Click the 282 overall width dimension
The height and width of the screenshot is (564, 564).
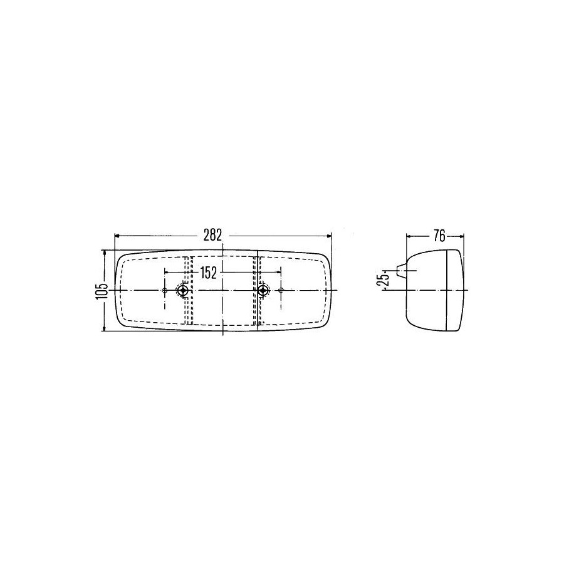[x=212, y=235]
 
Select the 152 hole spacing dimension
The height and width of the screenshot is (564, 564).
[x=209, y=273]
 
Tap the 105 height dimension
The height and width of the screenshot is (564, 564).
[x=103, y=291]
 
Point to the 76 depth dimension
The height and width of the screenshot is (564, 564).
[x=439, y=236]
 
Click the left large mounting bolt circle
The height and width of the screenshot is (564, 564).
[x=184, y=290]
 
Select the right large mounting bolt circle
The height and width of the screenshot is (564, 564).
[x=264, y=290]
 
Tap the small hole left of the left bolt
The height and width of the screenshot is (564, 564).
[x=165, y=290]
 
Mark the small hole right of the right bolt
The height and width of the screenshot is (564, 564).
[x=281, y=290]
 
